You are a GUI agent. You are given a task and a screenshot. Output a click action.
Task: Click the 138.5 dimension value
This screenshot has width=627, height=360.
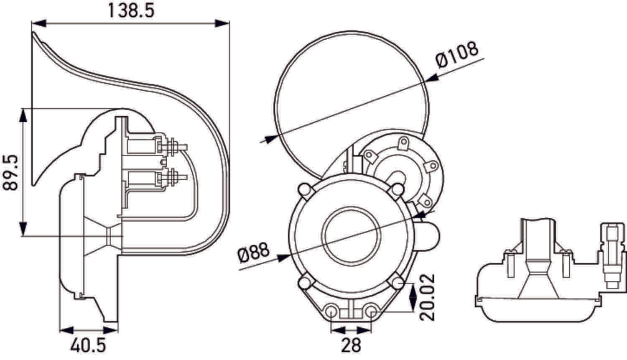click(131, 10)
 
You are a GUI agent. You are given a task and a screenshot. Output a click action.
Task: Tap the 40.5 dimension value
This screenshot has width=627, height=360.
click(88, 346)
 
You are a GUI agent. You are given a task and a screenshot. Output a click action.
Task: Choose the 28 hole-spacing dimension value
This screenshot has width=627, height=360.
click(351, 346)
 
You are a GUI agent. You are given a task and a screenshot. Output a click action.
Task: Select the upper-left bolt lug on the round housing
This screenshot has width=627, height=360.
click(304, 190)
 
